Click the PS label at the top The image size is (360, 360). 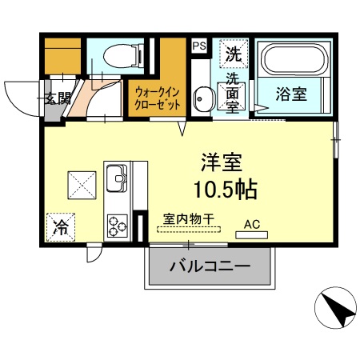click(x=199, y=46)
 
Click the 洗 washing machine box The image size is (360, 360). click(x=234, y=54)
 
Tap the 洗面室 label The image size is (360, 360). click(x=233, y=94)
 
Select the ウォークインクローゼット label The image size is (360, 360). click(x=158, y=98)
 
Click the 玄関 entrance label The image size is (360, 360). click(x=57, y=99)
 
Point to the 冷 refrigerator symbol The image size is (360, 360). click(x=60, y=226)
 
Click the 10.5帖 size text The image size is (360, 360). click(x=223, y=190)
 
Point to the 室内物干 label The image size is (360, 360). click(x=188, y=218)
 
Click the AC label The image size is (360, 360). click(x=252, y=225)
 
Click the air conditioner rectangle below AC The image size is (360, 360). click(x=253, y=235)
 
